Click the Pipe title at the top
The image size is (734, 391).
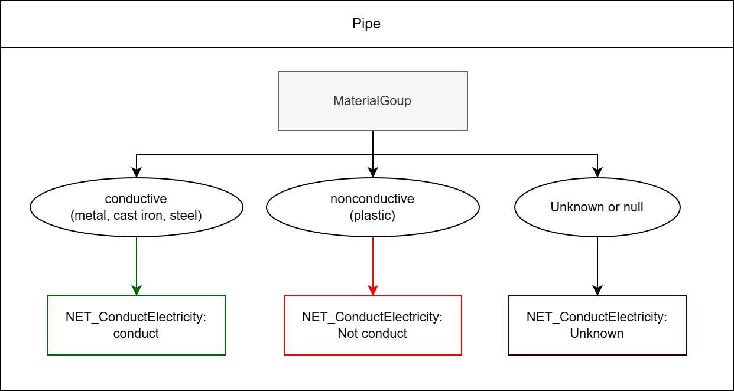pyautogui.click(x=366, y=24)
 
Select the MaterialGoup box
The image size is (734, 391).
pyautogui.click(x=372, y=101)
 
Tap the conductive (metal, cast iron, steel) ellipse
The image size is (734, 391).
pyautogui.click(x=137, y=207)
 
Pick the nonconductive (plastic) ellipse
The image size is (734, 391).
pyautogui.click(x=372, y=207)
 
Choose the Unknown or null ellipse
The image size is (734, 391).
pyautogui.click(x=597, y=207)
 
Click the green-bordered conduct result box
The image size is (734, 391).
pyautogui.click(x=137, y=325)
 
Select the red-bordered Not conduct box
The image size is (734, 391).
pyautogui.click(x=372, y=325)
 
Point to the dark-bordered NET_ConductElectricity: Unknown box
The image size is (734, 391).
pyautogui.click(x=597, y=325)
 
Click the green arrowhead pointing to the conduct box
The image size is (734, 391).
pyautogui.click(x=137, y=291)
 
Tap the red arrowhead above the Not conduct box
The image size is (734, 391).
pyautogui.click(x=373, y=291)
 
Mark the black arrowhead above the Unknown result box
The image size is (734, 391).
pyautogui.click(x=597, y=291)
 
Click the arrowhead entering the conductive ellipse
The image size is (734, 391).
pyautogui.click(x=137, y=173)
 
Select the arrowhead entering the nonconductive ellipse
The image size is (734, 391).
pyautogui.click(x=373, y=173)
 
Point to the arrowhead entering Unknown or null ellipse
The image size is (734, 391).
pyautogui.click(x=597, y=173)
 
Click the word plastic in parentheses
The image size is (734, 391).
pyautogui.click(x=372, y=216)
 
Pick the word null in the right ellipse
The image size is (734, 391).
pyautogui.click(x=632, y=207)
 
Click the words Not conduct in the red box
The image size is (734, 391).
pyautogui.click(x=372, y=334)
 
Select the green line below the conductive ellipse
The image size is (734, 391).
pyautogui.click(x=137, y=260)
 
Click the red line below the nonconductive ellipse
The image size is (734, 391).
pyautogui.click(x=373, y=260)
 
